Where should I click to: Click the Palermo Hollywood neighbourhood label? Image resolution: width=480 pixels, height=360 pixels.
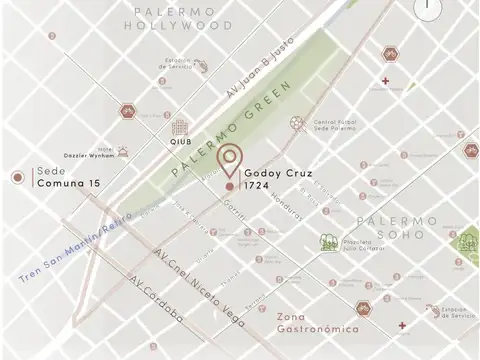point(180,17)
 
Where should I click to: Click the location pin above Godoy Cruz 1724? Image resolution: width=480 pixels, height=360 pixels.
point(231,160)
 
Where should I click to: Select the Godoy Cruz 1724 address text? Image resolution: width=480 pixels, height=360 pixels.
point(271,179)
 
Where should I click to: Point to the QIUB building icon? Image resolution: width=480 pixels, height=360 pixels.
point(180,127)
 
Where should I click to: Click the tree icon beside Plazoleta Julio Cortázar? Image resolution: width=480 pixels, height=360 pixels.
point(327,241)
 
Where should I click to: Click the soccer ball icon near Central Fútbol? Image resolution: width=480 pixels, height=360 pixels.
point(296,124)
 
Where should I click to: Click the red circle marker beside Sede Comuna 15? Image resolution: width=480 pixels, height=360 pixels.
point(17,178)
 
